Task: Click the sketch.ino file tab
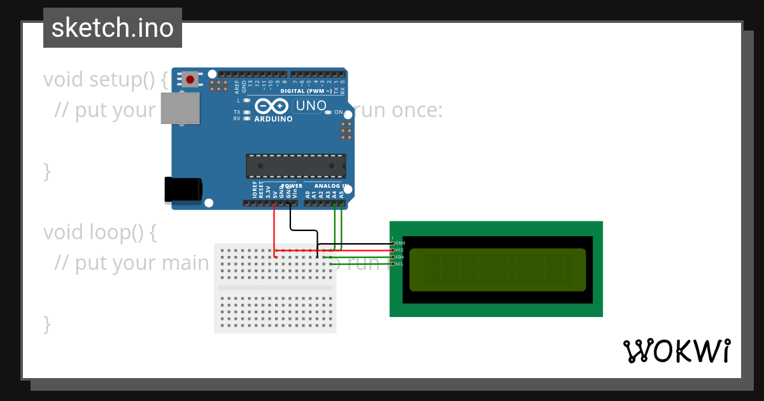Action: click(113, 28)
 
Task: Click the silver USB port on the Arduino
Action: click(180, 108)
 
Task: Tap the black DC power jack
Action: click(183, 189)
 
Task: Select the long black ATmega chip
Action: click(296, 166)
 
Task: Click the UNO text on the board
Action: click(311, 106)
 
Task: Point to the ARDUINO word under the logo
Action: click(273, 119)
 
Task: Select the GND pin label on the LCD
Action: click(400, 243)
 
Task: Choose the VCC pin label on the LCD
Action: click(400, 250)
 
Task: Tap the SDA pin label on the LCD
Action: click(400, 257)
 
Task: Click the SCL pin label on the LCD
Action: click(400, 264)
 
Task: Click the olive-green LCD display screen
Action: click(497, 269)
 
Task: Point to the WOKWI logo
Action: click(676, 351)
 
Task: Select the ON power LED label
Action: click(338, 112)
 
